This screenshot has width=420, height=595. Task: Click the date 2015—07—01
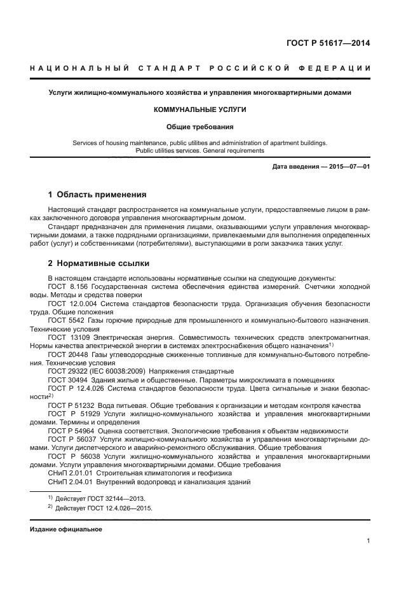coord(349,166)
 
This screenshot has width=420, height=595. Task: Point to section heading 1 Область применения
coord(97,194)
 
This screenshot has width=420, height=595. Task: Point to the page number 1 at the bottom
coord(368,541)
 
